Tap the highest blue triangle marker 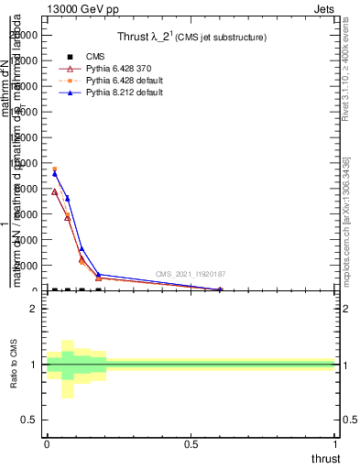54,173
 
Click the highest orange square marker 54,169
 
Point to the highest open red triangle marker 54,191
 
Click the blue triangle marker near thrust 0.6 220,289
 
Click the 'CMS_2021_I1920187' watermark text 190,274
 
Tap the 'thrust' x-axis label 324,458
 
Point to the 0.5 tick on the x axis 191,444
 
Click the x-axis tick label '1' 335,444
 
